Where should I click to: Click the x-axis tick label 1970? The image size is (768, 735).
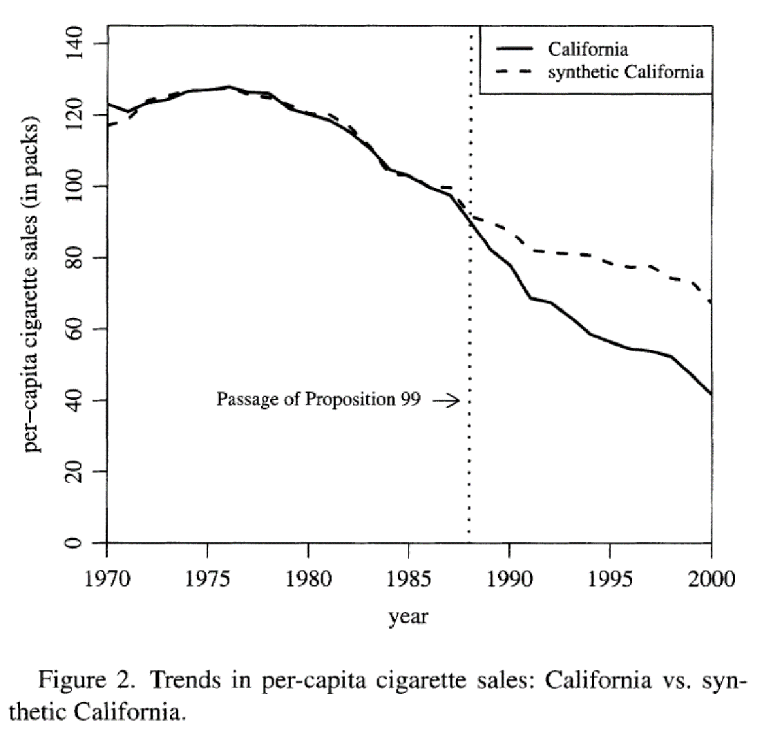107,579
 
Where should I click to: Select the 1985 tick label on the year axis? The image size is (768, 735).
408,579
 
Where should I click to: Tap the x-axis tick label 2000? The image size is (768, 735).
711,579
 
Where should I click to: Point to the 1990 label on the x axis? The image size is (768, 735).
509,579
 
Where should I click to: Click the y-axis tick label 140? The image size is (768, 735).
77,43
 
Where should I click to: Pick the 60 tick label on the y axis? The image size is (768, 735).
77,329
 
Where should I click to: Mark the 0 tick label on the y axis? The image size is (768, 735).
77,543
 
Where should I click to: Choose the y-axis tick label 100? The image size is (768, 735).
77,186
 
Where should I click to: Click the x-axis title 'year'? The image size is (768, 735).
409,616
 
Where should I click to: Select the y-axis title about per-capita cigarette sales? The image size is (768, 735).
33,284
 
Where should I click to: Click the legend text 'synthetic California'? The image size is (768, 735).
626,71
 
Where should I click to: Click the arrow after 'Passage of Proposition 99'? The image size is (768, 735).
447,400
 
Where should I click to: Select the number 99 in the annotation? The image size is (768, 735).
411,399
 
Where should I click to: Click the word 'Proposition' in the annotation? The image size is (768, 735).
350,399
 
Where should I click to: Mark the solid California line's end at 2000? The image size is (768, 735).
711,394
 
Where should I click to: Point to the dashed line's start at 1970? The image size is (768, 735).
108,125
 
